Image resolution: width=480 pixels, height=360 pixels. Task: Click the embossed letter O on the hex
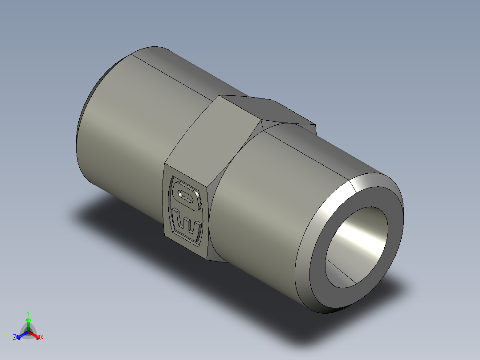point(187,196)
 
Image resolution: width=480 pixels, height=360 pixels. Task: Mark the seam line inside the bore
point(341,271)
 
